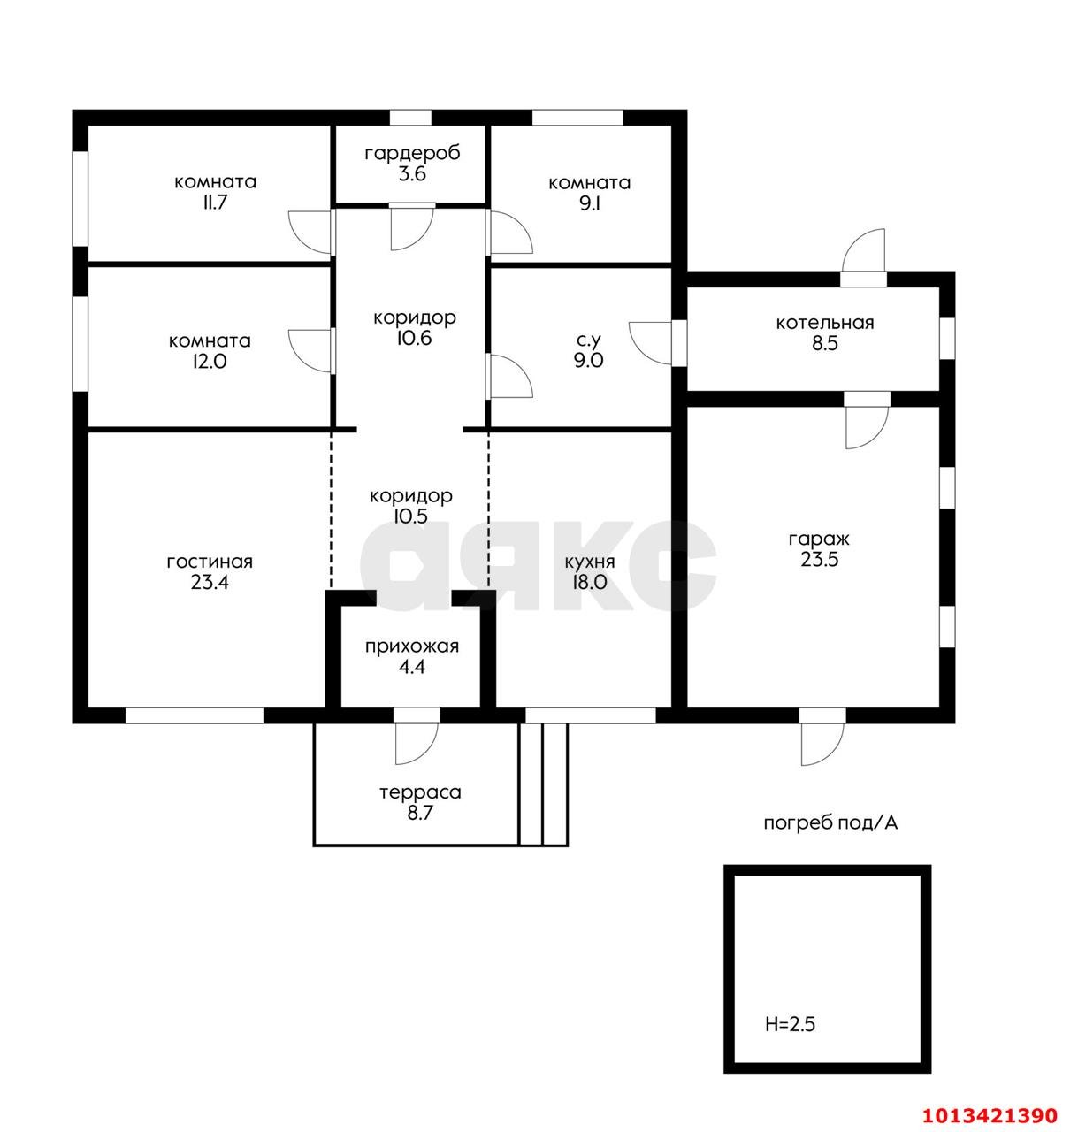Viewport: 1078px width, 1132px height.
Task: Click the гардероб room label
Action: [x=412, y=154]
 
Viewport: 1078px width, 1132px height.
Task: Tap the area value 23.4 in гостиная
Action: [x=210, y=583]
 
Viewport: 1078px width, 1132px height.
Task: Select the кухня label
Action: [x=590, y=562]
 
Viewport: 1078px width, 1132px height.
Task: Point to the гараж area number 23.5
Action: [x=819, y=559]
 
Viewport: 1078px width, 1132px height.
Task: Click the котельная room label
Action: [x=824, y=323]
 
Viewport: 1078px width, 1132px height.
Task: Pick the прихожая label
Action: [x=412, y=646]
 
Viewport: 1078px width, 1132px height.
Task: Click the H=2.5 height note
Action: [x=790, y=1025]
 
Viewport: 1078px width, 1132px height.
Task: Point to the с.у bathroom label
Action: [x=589, y=340]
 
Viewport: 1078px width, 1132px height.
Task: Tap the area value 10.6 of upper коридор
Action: [x=414, y=338]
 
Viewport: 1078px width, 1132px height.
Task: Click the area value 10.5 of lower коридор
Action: [x=410, y=516]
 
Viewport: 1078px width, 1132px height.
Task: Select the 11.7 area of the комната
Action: [x=214, y=203]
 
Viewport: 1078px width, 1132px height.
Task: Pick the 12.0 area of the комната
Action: [x=210, y=362]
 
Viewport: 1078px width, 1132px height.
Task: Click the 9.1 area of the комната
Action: [x=589, y=203]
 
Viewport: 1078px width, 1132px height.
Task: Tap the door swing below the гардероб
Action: [x=412, y=228]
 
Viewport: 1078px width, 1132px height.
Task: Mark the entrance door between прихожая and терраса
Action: [x=417, y=744]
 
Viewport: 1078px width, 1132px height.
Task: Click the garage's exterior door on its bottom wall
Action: [x=823, y=744]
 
